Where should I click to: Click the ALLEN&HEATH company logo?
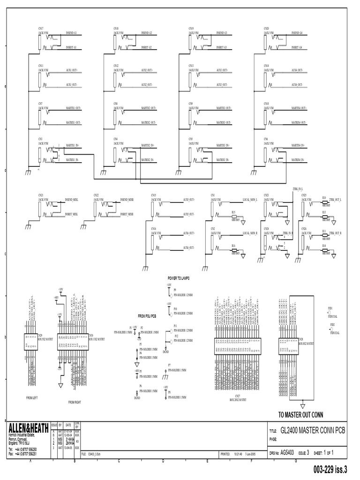(29, 428)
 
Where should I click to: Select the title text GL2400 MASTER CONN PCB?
(313, 430)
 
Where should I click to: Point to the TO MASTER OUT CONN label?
(301, 415)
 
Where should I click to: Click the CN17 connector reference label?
(41, 29)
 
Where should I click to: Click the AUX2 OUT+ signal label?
(147, 70)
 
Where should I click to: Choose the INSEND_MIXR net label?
(127, 200)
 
